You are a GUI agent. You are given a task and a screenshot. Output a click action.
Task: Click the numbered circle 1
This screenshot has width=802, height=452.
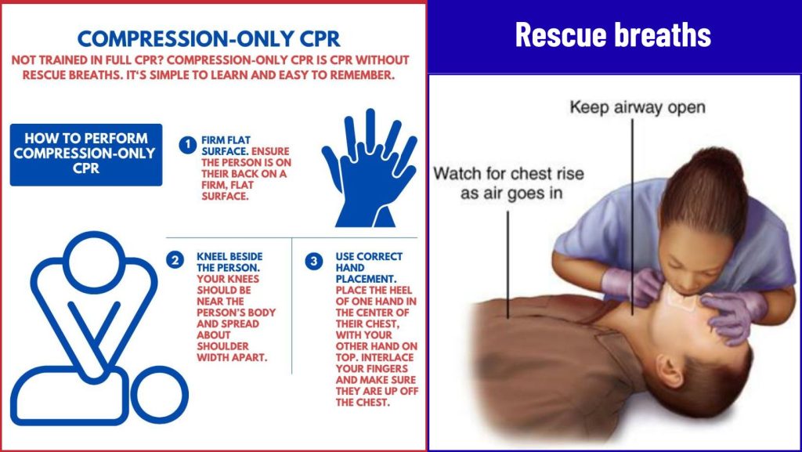click(x=188, y=145)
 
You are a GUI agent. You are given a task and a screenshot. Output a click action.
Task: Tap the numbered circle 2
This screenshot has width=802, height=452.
click(x=175, y=260)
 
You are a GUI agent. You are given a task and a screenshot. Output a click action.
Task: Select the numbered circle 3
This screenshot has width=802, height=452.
click(x=313, y=262)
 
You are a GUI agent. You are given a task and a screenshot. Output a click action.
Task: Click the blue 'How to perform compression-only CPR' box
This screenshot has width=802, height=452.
click(x=86, y=154)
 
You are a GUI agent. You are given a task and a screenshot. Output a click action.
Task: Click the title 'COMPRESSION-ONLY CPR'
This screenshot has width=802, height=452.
click(x=208, y=39)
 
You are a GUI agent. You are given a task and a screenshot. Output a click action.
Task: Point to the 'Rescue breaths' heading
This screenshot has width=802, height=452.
click(x=612, y=34)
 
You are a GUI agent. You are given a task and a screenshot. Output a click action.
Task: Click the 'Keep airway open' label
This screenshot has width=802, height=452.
click(x=638, y=107)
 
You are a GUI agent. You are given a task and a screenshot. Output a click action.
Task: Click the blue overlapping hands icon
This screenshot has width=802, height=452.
click(x=370, y=168)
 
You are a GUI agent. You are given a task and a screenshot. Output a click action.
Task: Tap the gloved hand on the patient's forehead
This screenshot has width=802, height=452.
click(x=733, y=315)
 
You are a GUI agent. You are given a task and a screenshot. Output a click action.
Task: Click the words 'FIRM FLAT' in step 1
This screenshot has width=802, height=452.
click(x=226, y=139)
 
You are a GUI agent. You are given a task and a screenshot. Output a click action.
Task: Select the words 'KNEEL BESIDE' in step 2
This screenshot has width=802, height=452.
click(x=229, y=256)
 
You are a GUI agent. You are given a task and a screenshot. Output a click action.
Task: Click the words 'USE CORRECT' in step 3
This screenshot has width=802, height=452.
click(x=369, y=256)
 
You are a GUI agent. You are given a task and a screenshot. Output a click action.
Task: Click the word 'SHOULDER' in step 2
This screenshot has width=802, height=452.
click(x=223, y=346)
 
